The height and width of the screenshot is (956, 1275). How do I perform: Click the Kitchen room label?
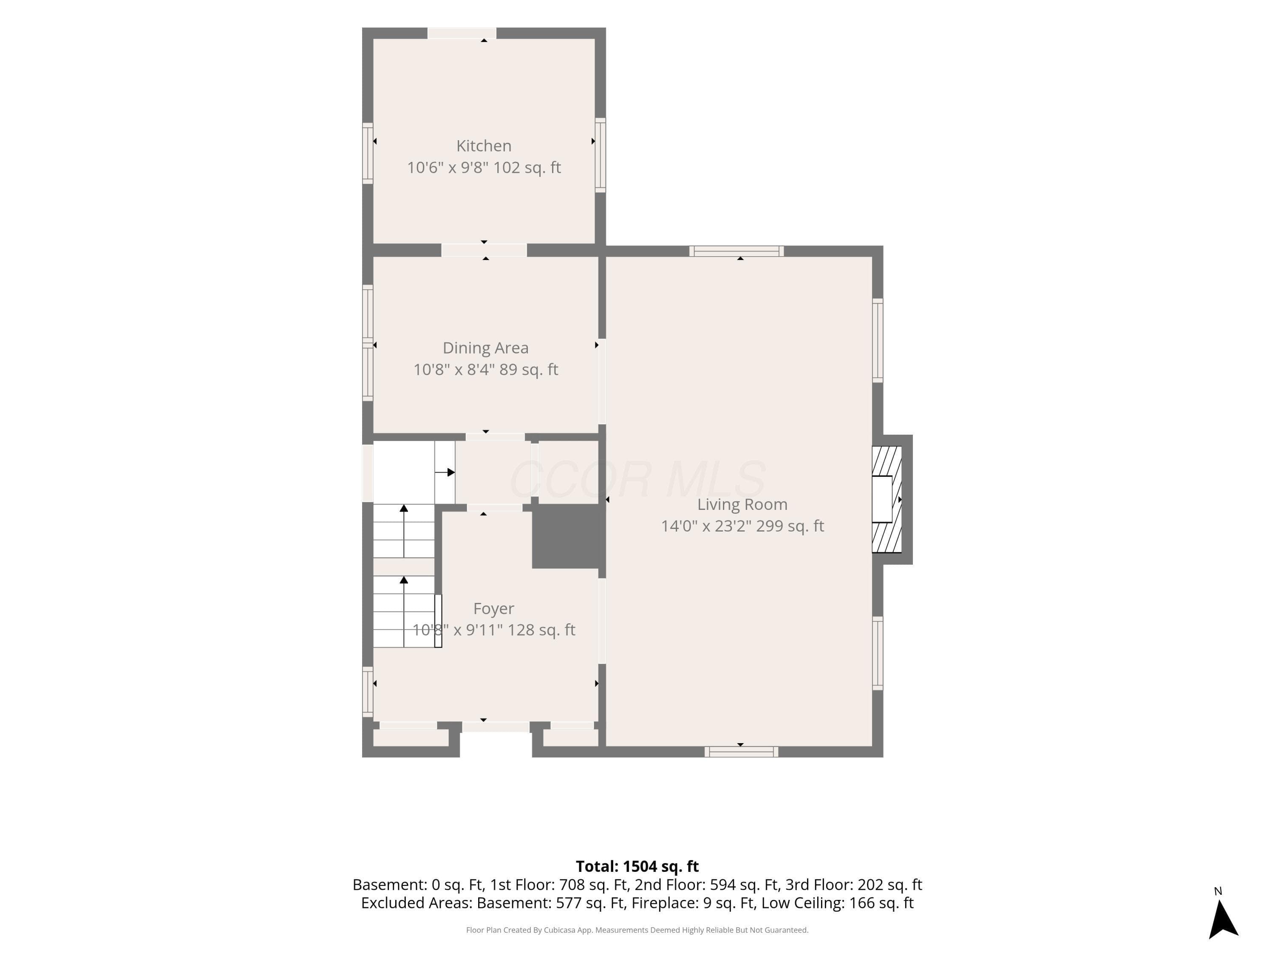coord(484,146)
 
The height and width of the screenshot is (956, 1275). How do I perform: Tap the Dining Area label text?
coord(485,348)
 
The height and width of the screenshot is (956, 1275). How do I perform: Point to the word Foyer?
coord(493,608)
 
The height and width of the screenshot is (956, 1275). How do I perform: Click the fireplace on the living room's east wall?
coord(888,500)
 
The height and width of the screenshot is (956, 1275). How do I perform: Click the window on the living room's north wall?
coord(737,251)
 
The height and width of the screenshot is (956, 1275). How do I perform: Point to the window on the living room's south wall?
coord(741,752)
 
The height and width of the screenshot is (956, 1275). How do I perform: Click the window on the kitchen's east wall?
coord(600,155)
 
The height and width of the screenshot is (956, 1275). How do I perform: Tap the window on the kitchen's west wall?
coord(367,153)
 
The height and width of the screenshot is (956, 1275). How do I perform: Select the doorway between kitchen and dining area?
coord(484,250)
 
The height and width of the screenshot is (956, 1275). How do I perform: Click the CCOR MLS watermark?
coord(637,479)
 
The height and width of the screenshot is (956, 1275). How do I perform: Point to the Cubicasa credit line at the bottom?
coord(637,930)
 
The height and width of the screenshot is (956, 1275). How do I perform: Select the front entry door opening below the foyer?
coord(496,727)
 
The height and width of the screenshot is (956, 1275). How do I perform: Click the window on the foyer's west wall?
coord(367,691)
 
